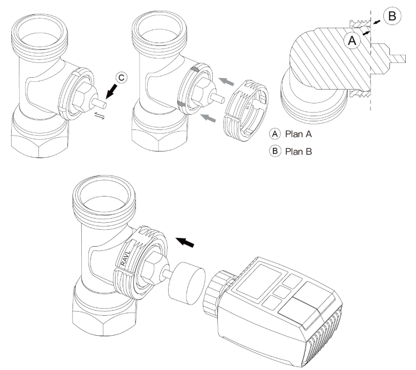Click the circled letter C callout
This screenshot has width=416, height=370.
[x=121, y=78]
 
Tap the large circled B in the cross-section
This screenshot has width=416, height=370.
[x=391, y=16]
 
